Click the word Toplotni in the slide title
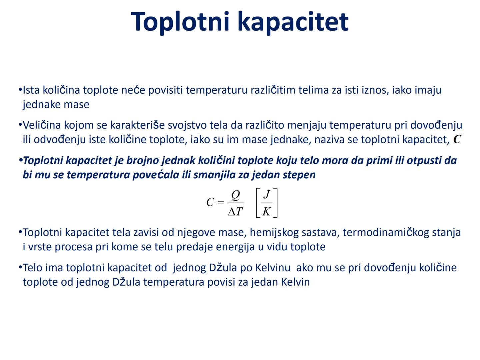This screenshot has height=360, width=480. (180, 22)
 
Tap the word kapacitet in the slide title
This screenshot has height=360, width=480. (293, 22)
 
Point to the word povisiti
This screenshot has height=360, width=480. (165, 90)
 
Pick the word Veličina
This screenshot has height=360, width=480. (42, 125)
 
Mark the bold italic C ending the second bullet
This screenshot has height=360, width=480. (457, 139)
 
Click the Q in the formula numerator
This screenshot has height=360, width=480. (235, 195)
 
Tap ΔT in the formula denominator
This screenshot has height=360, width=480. (236, 211)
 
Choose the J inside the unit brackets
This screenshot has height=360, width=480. (266, 194)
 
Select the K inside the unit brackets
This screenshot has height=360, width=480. (266, 211)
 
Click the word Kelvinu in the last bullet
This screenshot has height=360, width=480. (273, 268)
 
